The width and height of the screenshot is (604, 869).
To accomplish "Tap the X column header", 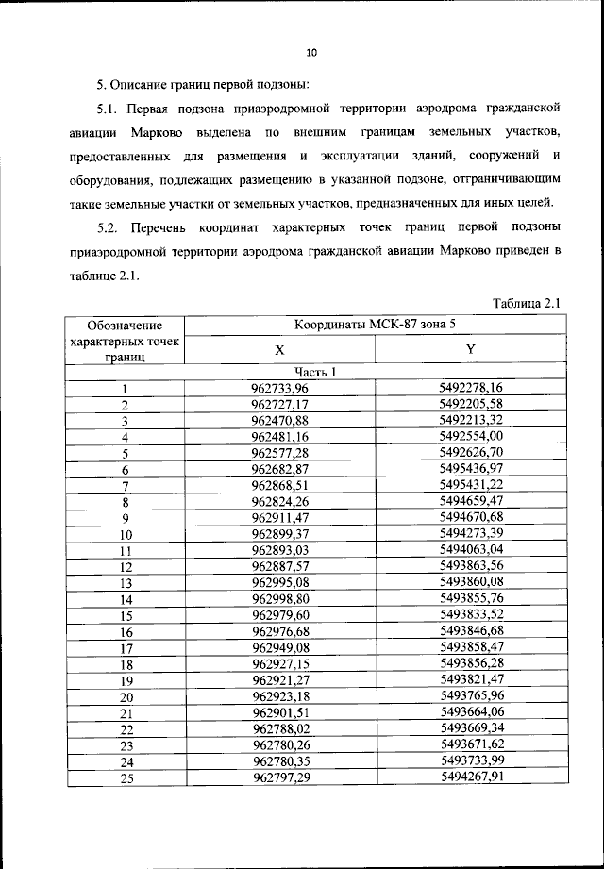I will (279, 349).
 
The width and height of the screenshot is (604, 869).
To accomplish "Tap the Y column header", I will (470, 349).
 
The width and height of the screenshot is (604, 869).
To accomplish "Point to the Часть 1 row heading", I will (314, 371).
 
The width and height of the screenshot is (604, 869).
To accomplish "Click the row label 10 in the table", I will (124, 534).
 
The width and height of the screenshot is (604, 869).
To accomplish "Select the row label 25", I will (124, 777).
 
